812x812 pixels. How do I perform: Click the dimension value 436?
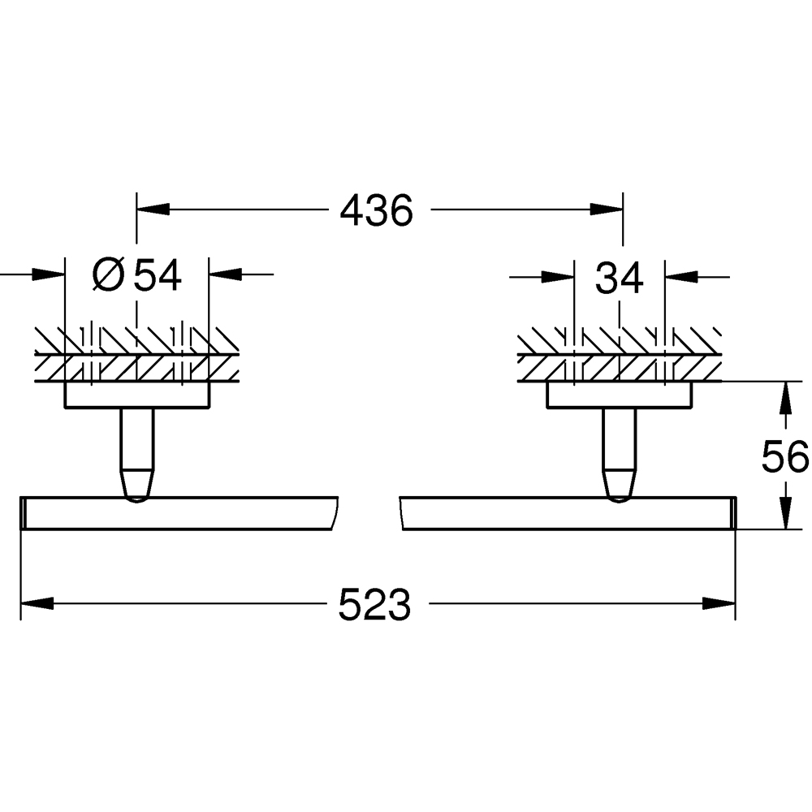click(x=377, y=211)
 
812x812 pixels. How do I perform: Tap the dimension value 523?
click(x=374, y=605)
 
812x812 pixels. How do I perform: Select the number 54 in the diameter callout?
click(x=158, y=276)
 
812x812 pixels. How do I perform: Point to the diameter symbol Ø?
click(x=108, y=276)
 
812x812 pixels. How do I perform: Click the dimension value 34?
click(x=620, y=279)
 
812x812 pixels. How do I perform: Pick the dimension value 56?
click(x=785, y=457)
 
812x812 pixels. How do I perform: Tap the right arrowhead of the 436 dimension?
click(x=605, y=210)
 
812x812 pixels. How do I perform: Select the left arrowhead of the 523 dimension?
click(x=37, y=603)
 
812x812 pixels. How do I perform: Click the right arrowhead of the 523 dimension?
click(x=718, y=603)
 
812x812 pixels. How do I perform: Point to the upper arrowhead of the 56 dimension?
click(x=785, y=398)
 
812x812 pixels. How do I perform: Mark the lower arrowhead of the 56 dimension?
click(x=785, y=513)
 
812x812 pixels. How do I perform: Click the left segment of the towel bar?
click(x=179, y=513)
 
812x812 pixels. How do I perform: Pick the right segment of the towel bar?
click(x=568, y=513)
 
